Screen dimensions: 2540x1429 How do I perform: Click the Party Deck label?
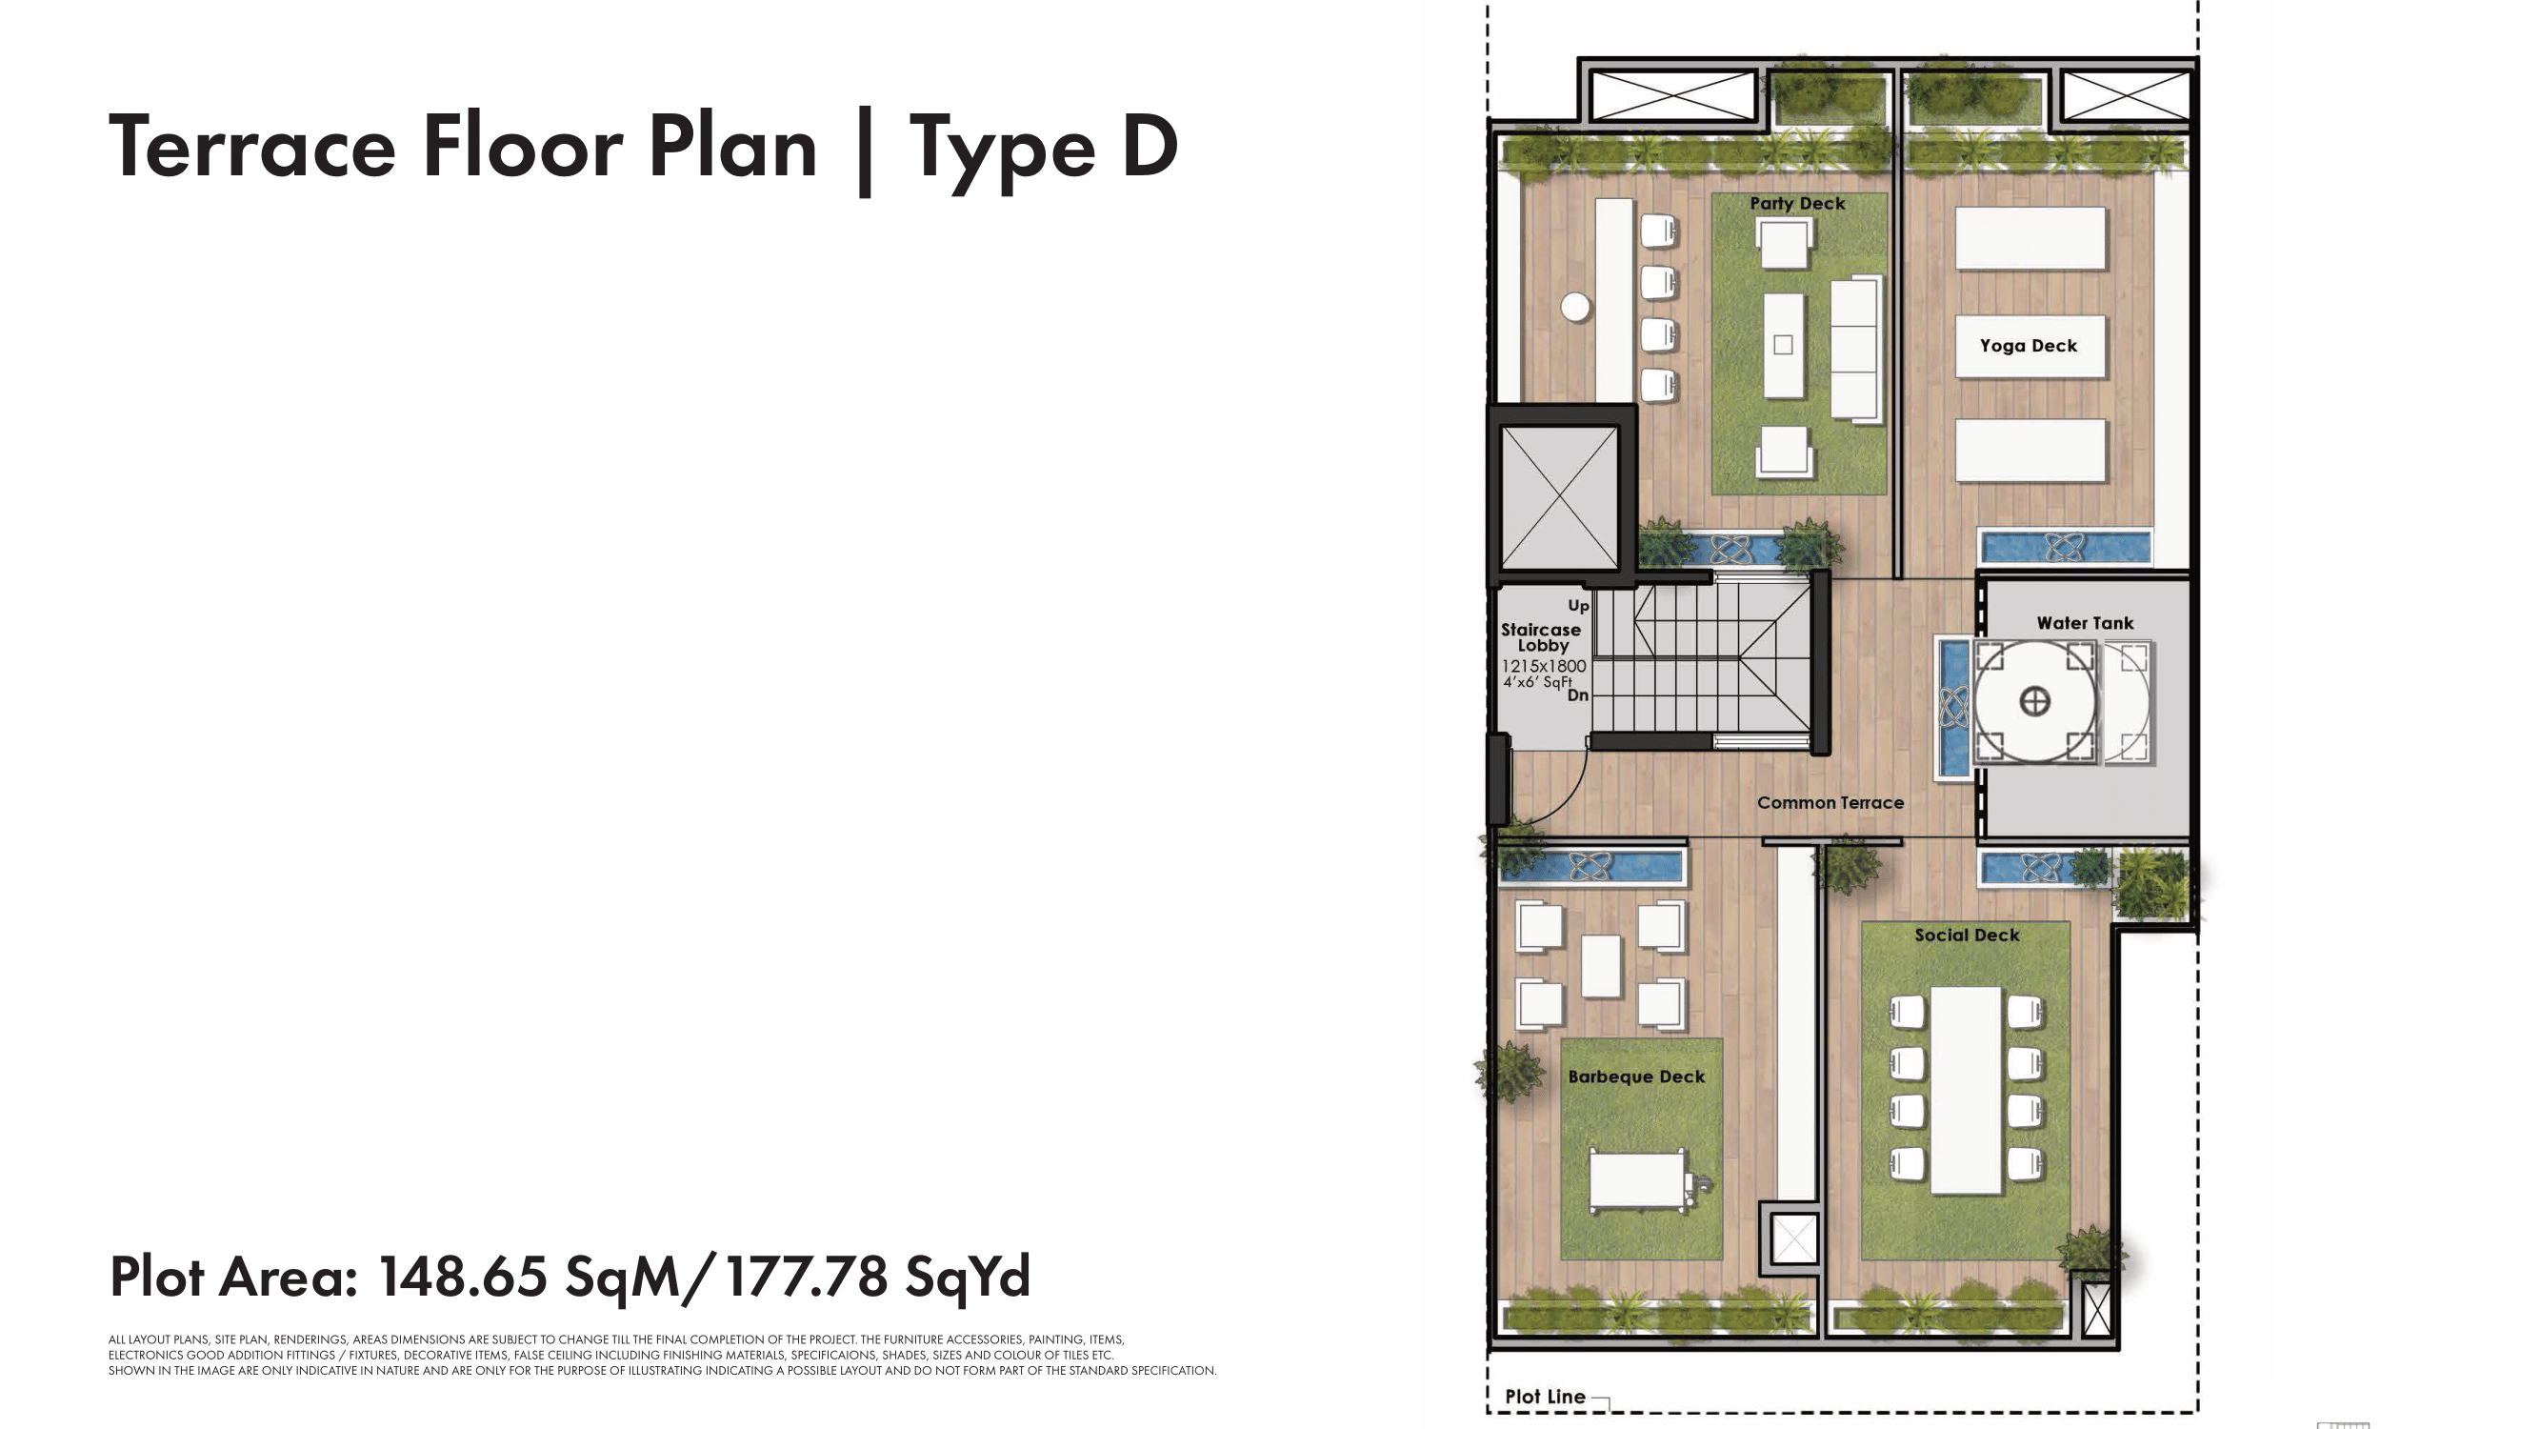[x=1796, y=203]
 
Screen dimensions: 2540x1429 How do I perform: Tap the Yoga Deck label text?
[x=2029, y=346]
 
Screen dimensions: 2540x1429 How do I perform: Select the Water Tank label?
[x=2085, y=623]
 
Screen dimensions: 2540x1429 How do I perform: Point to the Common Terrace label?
[x=1830, y=803]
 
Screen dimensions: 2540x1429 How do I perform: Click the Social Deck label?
[x=1967, y=935]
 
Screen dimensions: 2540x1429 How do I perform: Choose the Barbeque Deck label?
[x=1636, y=1077]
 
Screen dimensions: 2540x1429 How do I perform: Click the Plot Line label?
[x=1545, y=1397]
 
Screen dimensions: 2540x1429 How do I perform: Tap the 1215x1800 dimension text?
[x=1543, y=666]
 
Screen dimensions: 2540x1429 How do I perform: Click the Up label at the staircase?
[x=1579, y=606]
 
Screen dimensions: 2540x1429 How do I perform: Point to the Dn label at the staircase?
[x=1578, y=694]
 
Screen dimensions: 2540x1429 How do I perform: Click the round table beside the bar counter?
[x=1575, y=308]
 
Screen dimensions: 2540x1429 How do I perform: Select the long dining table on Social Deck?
[x=1966, y=1090]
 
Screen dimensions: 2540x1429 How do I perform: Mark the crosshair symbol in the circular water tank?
[x=2035, y=702]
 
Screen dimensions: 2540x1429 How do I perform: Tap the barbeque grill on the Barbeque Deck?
[x=1642, y=1181]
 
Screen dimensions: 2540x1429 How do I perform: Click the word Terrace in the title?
[x=252, y=148]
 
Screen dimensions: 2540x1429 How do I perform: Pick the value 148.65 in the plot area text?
[x=463, y=1277]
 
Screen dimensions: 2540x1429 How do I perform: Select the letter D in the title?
[x=1150, y=147]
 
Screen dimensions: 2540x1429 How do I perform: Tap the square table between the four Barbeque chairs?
[x=1600, y=966]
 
